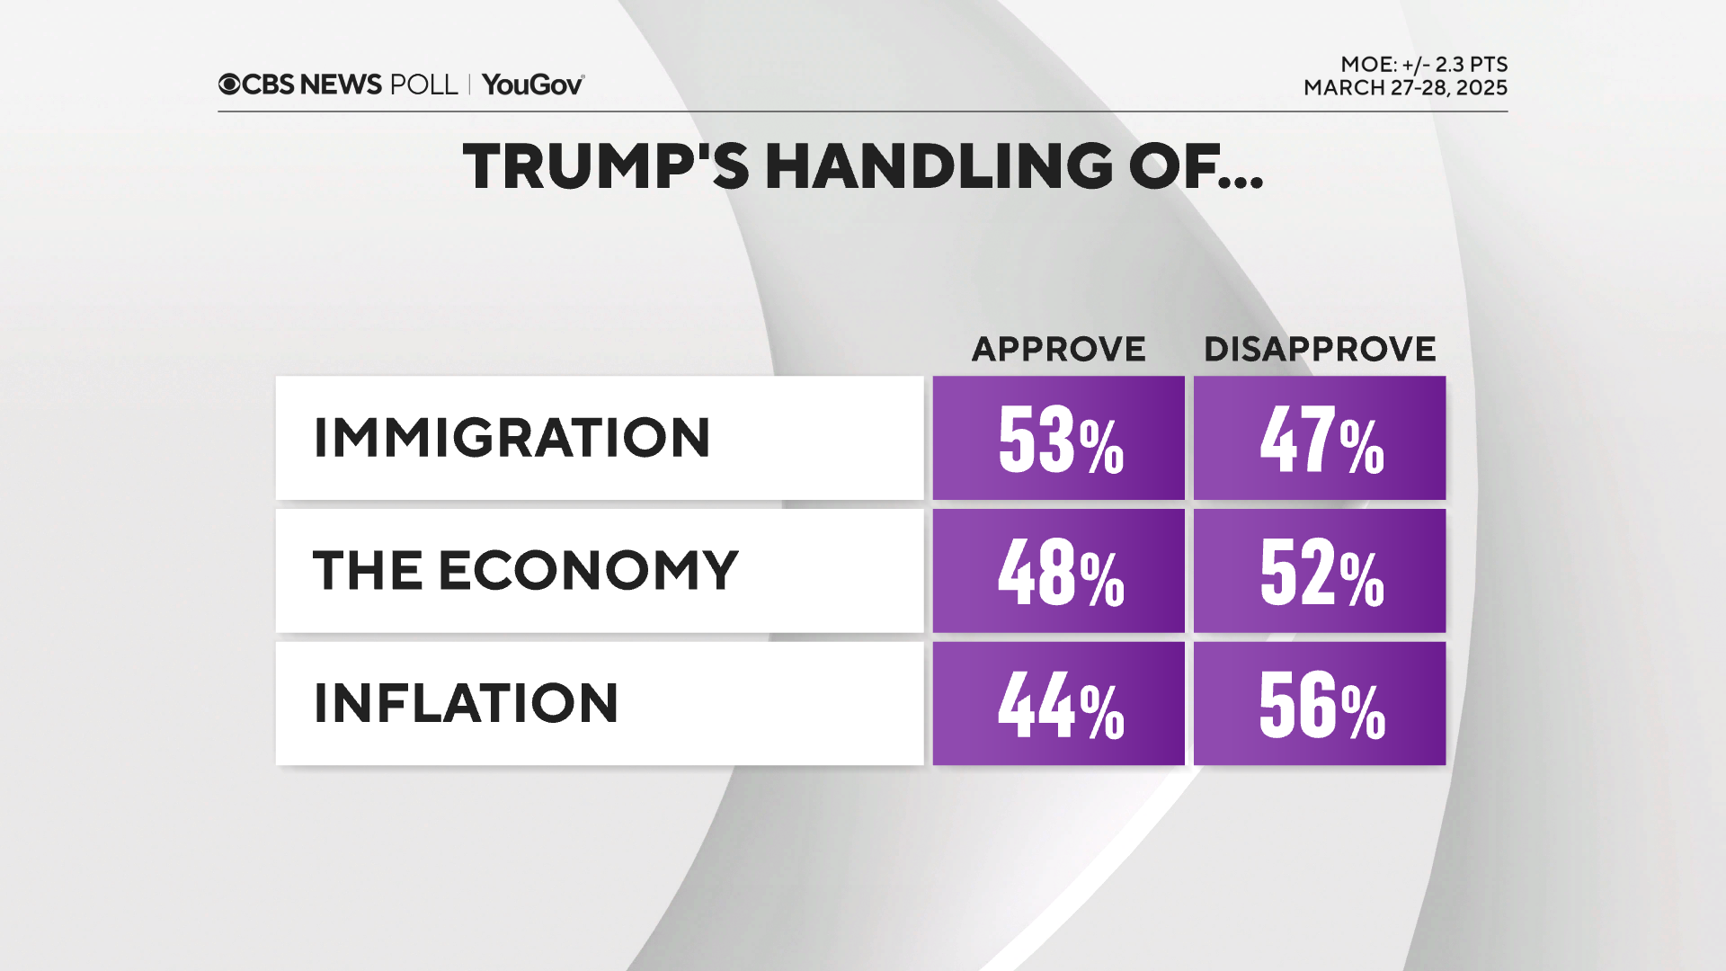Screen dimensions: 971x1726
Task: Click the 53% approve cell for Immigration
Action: pyautogui.click(x=1059, y=438)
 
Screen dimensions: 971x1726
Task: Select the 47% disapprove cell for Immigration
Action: pyautogui.click(x=1320, y=438)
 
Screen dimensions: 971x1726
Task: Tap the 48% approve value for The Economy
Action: pyautogui.click(x=1059, y=571)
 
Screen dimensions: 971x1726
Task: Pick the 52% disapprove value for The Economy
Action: pyautogui.click(x=1320, y=571)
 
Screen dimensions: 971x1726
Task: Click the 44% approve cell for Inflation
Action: pyautogui.click(x=1059, y=704)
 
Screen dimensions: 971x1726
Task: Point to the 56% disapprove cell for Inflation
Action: pyautogui.click(x=1320, y=704)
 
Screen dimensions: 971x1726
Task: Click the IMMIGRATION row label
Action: pyautogui.click(x=512, y=438)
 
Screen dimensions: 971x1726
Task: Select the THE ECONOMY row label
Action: pyautogui.click(x=525, y=571)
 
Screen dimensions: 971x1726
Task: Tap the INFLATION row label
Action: pyautogui.click(x=466, y=703)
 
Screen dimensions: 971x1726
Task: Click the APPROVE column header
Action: pyautogui.click(x=1058, y=349)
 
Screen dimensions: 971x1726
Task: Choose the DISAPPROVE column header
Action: pyautogui.click(x=1320, y=349)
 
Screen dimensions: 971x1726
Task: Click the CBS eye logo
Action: pyautogui.click(x=229, y=85)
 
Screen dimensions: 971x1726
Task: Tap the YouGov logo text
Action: pyautogui.click(x=532, y=85)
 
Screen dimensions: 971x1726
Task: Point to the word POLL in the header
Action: pyautogui.click(x=423, y=85)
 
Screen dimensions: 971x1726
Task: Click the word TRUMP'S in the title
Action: pyautogui.click(x=605, y=166)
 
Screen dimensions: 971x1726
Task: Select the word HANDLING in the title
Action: pyautogui.click(x=939, y=166)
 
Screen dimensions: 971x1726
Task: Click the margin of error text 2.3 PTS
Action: pyautogui.click(x=1471, y=65)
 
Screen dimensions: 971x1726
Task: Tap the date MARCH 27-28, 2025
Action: pyautogui.click(x=1405, y=88)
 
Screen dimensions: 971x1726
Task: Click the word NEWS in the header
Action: pyautogui.click(x=341, y=85)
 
